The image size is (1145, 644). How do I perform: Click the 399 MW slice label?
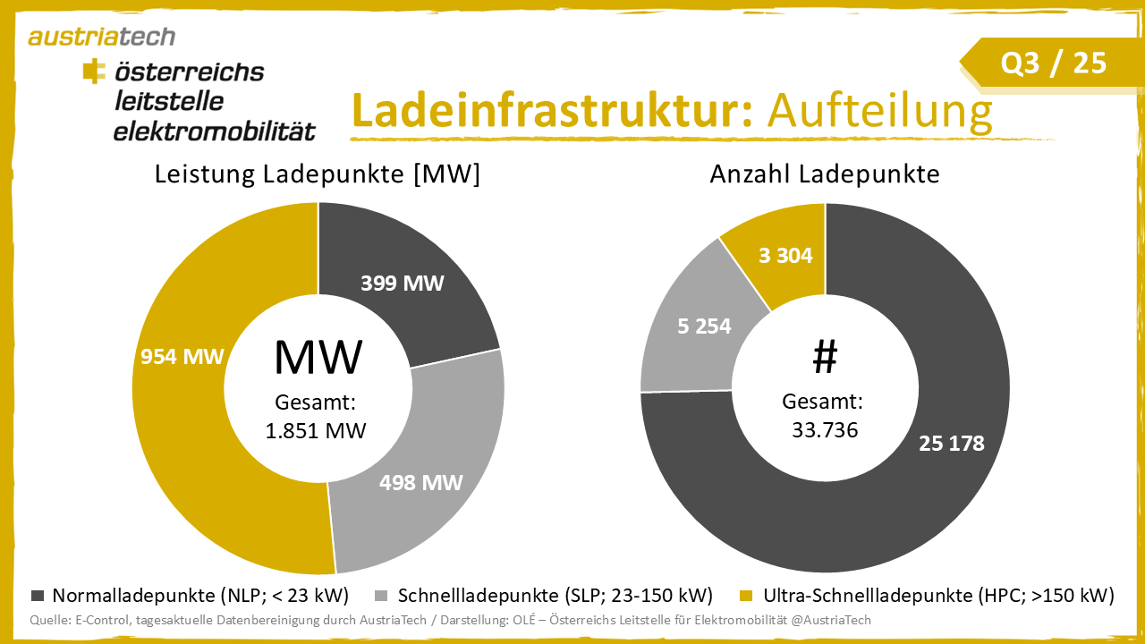pyautogui.click(x=403, y=284)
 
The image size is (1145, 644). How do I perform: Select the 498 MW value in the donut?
pyautogui.click(x=420, y=483)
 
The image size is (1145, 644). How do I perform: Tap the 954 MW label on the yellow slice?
pyautogui.click(x=182, y=356)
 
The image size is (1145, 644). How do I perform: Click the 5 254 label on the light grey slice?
pyautogui.click(x=704, y=326)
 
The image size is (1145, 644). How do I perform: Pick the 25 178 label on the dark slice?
pyautogui.click(x=951, y=443)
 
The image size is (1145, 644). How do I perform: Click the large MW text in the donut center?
pyautogui.click(x=318, y=356)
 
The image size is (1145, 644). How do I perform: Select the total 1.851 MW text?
pyautogui.click(x=316, y=430)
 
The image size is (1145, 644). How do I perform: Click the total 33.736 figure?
pyautogui.click(x=825, y=430)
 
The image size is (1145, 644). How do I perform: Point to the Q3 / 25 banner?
pyautogui.click(x=1053, y=63)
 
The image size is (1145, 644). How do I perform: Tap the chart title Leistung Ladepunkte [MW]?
pyautogui.click(x=318, y=174)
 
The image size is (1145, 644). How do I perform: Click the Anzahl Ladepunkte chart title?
pyautogui.click(x=825, y=174)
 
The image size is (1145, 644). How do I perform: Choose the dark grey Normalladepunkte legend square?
pyautogui.click(x=38, y=596)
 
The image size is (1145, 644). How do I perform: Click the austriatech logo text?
pyautogui.click(x=101, y=37)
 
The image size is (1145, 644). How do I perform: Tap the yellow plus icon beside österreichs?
pyautogui.click(x=93, y=71)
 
